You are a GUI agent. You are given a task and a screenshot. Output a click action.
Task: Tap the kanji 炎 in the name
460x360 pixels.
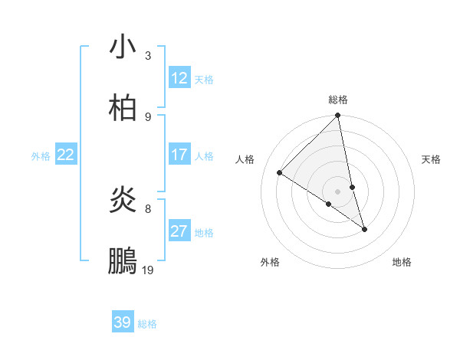pyautogui.click(x=123, y=201)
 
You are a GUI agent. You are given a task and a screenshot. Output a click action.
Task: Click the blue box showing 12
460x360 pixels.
pyautogui.click(x=179, y=78)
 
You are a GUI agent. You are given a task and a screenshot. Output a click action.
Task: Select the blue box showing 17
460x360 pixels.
pyautogui.click(x=179, y=155)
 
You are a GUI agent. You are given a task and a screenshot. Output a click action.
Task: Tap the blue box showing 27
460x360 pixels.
pyautogui.click(x=179, y=231)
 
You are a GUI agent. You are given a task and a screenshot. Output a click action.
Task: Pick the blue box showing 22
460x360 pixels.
pyautogui.click(x=66, y=155)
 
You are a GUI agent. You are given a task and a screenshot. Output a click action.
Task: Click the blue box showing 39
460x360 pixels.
pyautogui.click(x=123, y=322)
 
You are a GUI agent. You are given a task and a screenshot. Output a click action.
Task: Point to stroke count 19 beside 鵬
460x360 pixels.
pyautogui.click(x=148, y=270)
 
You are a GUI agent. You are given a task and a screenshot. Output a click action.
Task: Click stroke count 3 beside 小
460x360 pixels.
pyautogui.click(x=148, y=55)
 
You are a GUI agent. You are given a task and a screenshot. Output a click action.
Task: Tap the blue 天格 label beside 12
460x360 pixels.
pyautogui.click(x=204, y=80)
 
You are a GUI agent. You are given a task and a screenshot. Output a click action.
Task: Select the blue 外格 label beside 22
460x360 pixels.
pyautogui.click(x=41, y=156)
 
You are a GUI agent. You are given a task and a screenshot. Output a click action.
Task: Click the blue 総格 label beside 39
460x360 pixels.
pyautogui.click(x=147, y=324)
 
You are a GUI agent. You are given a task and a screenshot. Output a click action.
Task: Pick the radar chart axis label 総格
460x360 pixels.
pyautogui.click(x=338, y=100)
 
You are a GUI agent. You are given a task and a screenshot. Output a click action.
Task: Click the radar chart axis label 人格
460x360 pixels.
pyautogui.click(x=245, y=159)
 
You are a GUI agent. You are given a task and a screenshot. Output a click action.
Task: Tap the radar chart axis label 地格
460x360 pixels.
pyautogui.click(x=402, y=262)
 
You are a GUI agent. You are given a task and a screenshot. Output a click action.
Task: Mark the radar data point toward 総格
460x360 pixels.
pyautogui.click(x=338, y=116)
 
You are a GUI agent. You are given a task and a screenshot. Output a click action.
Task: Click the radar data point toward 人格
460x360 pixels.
pyautogui.click(x=280, y=172)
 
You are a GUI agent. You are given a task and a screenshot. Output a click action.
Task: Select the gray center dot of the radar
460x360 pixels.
pyautogui.click(x=338, y=191)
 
